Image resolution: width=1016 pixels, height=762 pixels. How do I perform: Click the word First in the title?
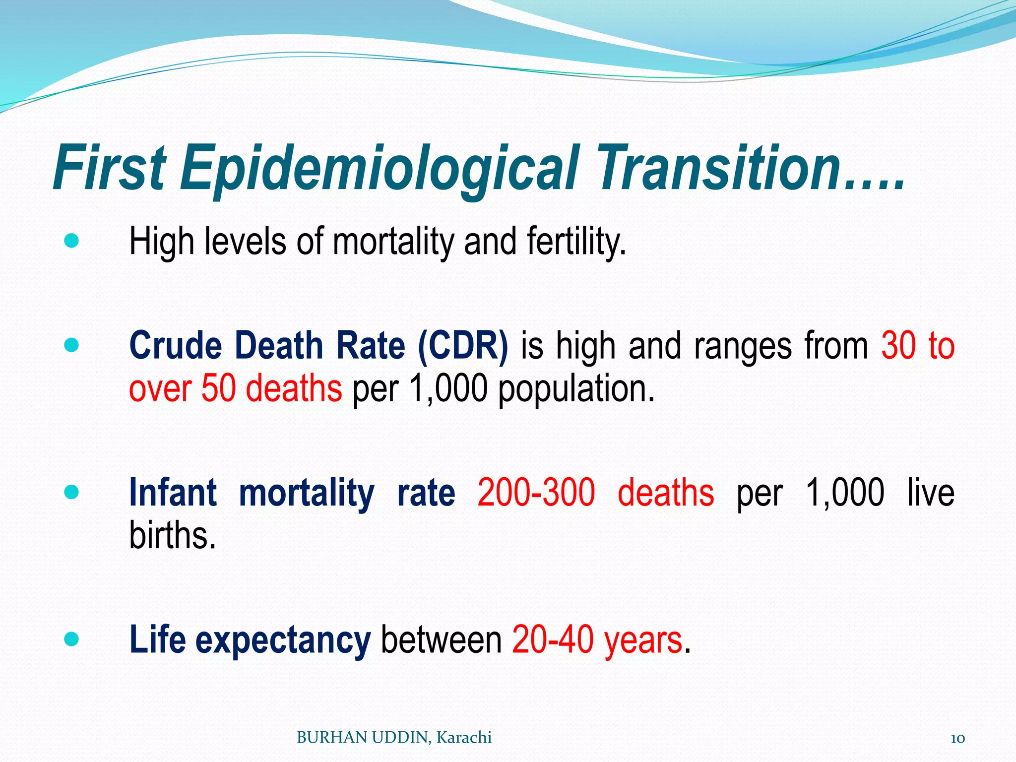[x=109, y=168]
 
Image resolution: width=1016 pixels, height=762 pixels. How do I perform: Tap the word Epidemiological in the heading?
[x=380, y=169]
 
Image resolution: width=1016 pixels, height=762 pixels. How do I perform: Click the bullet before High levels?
[x=71, y=242]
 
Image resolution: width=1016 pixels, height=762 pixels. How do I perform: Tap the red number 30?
[x=898, y=345]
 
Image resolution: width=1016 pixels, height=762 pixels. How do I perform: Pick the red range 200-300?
[x=536, y=493]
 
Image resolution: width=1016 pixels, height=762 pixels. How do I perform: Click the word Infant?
[x=173, y=493]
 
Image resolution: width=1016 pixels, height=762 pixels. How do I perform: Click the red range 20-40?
[x=553, y=640]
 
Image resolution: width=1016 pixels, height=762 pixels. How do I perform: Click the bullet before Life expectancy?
[x=71, y=639]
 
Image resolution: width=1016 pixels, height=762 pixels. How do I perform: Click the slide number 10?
[x=957, y=738]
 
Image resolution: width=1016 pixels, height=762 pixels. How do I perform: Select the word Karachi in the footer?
[x=464, y=738]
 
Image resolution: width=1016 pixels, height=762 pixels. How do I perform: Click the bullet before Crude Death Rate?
[x=71, y=345]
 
